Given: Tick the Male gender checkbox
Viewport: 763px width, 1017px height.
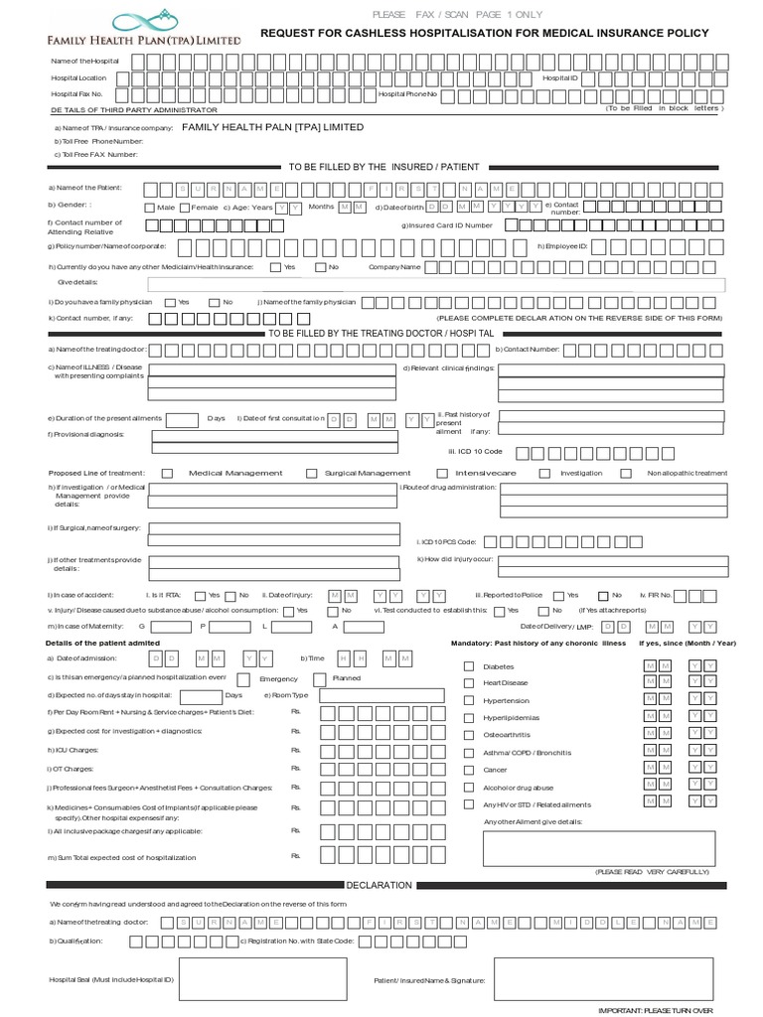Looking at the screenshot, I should (150, 208).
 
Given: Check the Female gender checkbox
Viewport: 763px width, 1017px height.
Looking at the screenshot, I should (184, 208).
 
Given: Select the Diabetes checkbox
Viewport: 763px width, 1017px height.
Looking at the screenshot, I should (469, 666).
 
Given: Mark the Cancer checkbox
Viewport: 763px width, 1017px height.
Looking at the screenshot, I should (469, 770).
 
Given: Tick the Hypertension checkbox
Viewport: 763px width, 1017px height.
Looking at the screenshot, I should (469, 700).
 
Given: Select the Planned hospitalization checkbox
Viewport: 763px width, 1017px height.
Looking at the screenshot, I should (319, 678).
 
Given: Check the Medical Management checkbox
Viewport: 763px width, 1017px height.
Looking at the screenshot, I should (167, 474).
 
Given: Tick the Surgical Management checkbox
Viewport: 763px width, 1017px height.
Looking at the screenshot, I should (312, 474).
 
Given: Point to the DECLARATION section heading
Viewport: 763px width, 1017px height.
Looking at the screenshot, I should (379, 884).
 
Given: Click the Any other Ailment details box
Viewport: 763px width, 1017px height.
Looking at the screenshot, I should (597, 847).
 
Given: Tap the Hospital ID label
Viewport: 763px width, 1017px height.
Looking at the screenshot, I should (558, 77).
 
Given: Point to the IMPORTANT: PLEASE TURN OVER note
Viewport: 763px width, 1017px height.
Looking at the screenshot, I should (655, 1010).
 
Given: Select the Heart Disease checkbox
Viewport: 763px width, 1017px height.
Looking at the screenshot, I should (469, 683).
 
